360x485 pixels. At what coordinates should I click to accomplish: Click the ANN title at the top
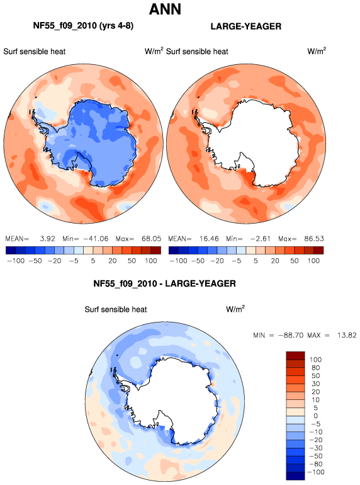click(x=165, y=9)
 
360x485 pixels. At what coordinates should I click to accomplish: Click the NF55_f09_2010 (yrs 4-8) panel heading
click(x=83, y=26)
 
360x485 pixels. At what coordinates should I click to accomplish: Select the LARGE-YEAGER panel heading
click(x=246, y=26)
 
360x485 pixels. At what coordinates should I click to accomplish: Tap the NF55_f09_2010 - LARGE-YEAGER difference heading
click(x=164, y=283)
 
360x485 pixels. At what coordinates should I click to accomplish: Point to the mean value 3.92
click(x=48, y=239)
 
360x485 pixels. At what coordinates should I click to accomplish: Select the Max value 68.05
click(x=152, y=239)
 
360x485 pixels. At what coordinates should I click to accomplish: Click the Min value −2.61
click(x=259, y=239)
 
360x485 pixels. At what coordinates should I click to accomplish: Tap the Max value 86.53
click(x=314, y=239)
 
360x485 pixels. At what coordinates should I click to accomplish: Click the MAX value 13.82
click(x=347, y=335)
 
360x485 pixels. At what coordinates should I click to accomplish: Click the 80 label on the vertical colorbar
click(x=315, y=368)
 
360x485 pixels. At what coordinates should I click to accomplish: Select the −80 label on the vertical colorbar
click(x=315, y=464)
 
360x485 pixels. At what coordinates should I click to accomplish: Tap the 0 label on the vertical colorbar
click(x=315, y=416)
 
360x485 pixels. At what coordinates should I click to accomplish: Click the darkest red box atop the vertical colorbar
click(x=295, y=355)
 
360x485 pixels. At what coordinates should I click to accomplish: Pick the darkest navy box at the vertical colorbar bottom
click(x=295, y=476)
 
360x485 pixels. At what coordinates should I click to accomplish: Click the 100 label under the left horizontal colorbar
click(x=151, y=261)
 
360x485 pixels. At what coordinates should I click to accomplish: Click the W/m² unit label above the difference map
click(x=235, y=309)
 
